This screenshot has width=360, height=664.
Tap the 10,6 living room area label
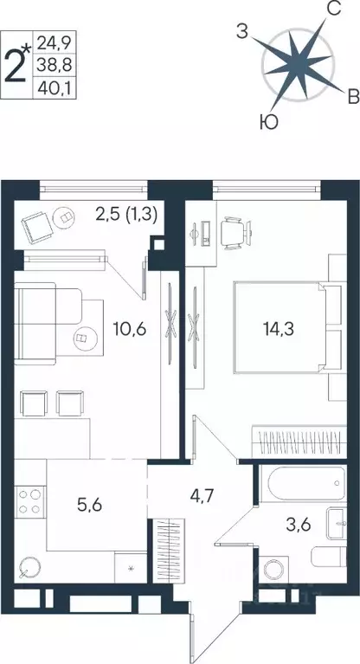(x=131, y=330)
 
